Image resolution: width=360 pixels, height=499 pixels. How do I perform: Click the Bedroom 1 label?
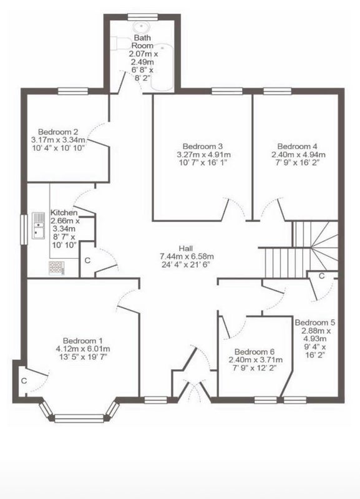click(x=82, y=341)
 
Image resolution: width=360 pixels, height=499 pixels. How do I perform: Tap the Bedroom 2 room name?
click(x=58, y=132)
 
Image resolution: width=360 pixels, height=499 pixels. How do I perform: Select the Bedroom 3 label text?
click(x=203, y=147)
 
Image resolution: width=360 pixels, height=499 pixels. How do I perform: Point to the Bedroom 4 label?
click(x=298, y=147)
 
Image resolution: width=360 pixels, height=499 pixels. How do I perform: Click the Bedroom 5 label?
click(x=315, y=322)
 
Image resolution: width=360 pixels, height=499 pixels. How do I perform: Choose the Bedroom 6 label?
click(x=255, y=352)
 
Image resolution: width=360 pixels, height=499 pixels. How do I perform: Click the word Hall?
click(x=186, y=248)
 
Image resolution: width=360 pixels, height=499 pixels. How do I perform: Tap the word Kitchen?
click(x=64, y=212)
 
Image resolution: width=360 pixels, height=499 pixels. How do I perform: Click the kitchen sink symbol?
click(x=38, y=226)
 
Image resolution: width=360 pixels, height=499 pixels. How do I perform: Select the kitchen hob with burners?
click(x=57, y=268)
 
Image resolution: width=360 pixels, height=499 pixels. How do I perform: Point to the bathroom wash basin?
click(x=139, y=27)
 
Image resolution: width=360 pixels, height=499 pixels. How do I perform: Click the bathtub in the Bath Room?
click(x=162, y=67)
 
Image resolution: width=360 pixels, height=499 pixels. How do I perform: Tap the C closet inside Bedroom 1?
click(x=24, y=380)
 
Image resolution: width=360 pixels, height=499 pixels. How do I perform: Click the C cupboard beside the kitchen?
click(x=87, y=260)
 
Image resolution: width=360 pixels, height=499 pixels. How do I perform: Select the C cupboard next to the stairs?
click(x=321, y=276)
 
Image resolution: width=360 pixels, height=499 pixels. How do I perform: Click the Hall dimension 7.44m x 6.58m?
click(x=187, y=256)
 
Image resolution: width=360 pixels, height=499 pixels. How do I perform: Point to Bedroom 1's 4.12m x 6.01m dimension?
click(x=83, y=349)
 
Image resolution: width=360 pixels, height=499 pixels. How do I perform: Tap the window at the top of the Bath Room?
click(x=143, y=17)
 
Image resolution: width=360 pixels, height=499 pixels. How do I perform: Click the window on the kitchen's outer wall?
click(x=24, y=230)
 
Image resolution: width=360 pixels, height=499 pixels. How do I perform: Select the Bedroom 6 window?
click(x=265, y=400)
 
